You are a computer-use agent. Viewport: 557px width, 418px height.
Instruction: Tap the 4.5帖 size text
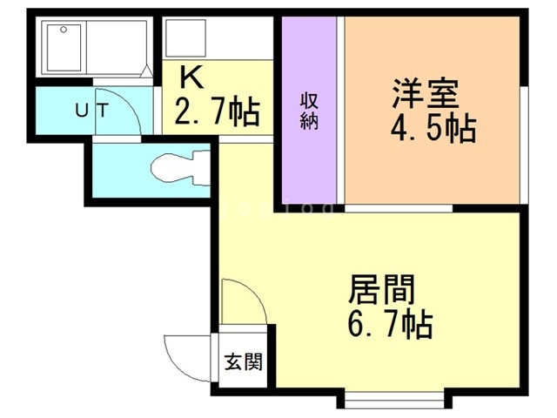pos(432,131)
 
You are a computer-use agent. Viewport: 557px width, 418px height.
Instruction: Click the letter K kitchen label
pos(191,78)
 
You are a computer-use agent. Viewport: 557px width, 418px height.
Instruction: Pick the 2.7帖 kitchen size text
pos(218,111)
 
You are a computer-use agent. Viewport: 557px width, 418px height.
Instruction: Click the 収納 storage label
pos(309,111)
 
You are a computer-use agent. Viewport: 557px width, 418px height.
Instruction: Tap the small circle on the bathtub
pos(64,29)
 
